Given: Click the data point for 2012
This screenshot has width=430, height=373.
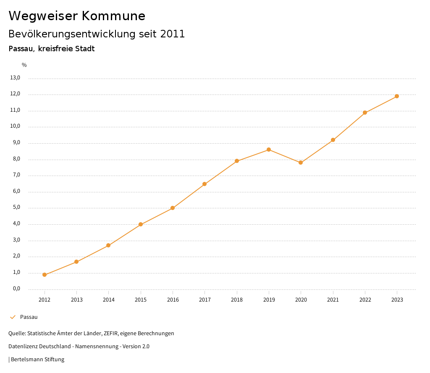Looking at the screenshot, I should click(x=45, y=275).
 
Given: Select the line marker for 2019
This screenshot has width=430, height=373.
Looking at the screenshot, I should click(x=269, y=150).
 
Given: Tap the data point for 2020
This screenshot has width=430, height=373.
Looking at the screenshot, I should click(x=301, y=163).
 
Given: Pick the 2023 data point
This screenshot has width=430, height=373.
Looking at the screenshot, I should click(x=397, y=96).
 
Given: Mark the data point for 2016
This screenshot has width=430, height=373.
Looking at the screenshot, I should click(x=173, y=208).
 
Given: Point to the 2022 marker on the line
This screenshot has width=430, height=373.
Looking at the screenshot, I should click(x=365, y=113).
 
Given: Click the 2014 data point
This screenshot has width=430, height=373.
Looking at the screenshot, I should click(x=108, y=245).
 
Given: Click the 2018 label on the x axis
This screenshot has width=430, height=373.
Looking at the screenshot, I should click(x=237, y=300).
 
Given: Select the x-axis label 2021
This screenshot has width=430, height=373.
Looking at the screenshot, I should click(x=333, y=300).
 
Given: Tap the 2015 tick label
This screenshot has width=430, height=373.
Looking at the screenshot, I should click(x=141, y=300).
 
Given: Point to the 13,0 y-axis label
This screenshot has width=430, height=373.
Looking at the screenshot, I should click(x=16, y=78).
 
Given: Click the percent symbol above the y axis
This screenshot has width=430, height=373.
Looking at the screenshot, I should click(x=24, y=65).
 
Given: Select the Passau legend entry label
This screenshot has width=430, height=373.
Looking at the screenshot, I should click(x=29, y=317).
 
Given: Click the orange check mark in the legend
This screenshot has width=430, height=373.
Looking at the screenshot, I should click(x=13, y=317).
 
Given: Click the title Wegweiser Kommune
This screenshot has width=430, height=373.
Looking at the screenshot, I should click(x=77, y=16).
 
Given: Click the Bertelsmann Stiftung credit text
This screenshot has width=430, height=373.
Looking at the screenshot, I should click(x=37, y=360).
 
